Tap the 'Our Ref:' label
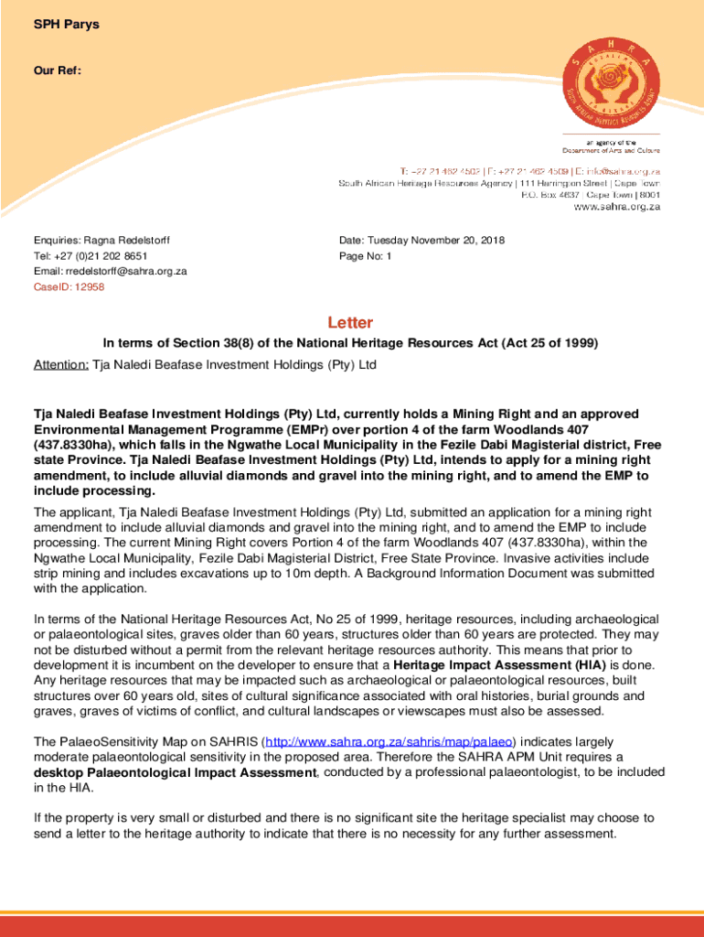(58, 70)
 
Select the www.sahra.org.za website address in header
(616, 207)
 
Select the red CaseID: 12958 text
(69, 287)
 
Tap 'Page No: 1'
(365, 256)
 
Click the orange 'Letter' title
(350, 323)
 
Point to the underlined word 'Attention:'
(60, 364)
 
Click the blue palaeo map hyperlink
(389, 740)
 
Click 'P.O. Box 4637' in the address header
(550, 194)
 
